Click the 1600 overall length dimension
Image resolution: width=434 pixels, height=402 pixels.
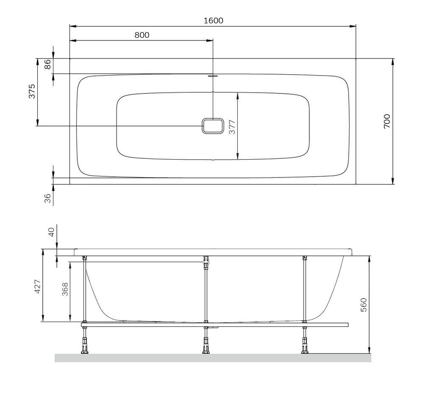[x=214, y=21]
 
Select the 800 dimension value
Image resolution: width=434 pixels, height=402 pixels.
[x=142, y=35]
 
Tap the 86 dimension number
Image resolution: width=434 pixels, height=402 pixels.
[x=47, y=65]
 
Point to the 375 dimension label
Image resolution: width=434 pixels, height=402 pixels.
[x=32, y=91]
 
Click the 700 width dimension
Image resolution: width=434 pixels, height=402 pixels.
[x=387, y=121]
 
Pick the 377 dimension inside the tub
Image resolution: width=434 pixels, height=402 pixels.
[x=232, y=127]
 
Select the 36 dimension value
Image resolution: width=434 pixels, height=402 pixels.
[x=47, y=198]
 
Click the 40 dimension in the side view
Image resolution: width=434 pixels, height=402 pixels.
[x=51, y=232]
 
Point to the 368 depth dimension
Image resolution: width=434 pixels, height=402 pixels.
[x=65, y=289]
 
